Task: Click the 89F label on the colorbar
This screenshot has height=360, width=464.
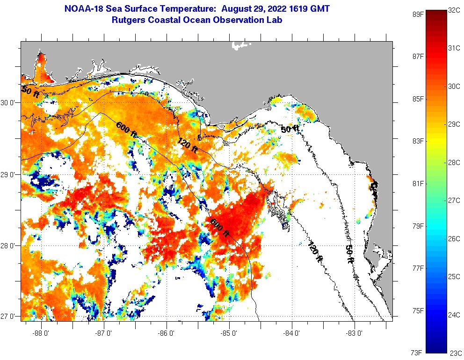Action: (417, 14)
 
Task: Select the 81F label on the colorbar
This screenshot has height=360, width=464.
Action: (417, 183)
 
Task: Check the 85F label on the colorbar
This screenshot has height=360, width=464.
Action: (417, 99)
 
